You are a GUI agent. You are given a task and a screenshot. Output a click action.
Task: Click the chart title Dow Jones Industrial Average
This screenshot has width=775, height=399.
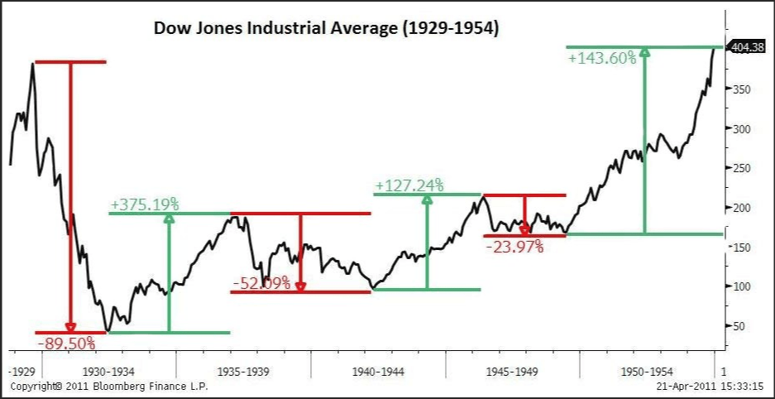point(326,28)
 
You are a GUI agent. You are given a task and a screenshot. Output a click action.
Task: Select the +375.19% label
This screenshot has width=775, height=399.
point(145,204)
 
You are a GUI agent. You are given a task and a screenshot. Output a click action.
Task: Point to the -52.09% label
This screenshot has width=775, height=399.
point(261,283)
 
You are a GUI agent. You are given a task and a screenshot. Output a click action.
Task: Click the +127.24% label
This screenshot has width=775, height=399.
point(409,185)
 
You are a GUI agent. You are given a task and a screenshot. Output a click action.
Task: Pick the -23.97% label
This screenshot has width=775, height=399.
point(514,246)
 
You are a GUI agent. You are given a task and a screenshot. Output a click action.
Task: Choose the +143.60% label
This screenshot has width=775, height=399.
point(602,58)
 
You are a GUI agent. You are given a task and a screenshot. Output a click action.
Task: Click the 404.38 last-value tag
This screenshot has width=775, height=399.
point(748,48)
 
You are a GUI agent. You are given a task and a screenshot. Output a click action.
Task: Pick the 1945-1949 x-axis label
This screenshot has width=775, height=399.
point(513,373)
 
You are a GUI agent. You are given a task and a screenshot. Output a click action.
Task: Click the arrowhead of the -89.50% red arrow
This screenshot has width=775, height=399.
point(70,327)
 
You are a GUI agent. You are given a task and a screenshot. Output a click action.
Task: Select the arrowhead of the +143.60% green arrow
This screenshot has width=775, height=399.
point(645,53)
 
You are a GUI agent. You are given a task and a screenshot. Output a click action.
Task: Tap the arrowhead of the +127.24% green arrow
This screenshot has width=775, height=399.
point(427,199)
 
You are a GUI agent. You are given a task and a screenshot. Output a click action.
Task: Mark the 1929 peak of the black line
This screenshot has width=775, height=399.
point(32,64)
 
